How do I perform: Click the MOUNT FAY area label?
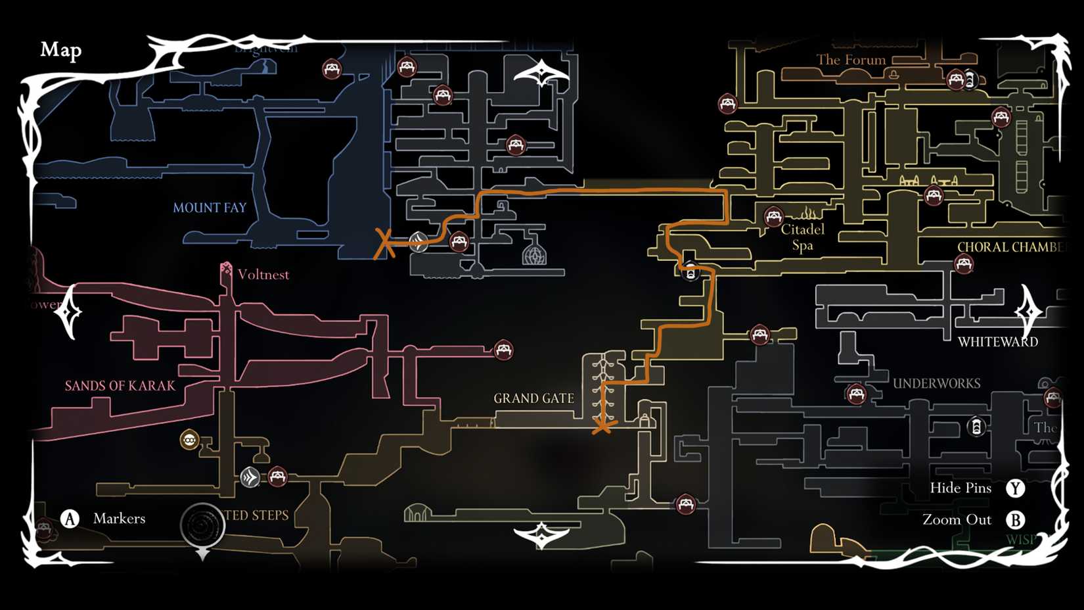coord(210,208)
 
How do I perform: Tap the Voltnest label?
coord(263,275)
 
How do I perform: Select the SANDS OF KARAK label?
coord(120,386)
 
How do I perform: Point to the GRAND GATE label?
coord(533,398)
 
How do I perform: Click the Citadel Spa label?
coord(802,237)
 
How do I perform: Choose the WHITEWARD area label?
coord(997,342)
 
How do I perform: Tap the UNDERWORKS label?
coord(936,383)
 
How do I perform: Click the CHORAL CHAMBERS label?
coord(1009,247)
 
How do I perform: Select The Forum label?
coord(851,60)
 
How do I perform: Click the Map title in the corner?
coord(61,50)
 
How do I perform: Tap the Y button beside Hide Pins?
coord(1016,488)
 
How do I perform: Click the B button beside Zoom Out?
coord(1016,520)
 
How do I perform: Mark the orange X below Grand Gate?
coord(602,427)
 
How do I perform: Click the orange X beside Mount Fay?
coord(384,244)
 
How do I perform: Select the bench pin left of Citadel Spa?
coord(773,216)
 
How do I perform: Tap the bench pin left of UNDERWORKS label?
coord(855,394)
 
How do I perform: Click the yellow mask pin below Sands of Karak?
coord(189,439)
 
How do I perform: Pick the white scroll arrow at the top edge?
coord(541,74)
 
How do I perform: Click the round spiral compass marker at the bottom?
coord(202,525)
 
